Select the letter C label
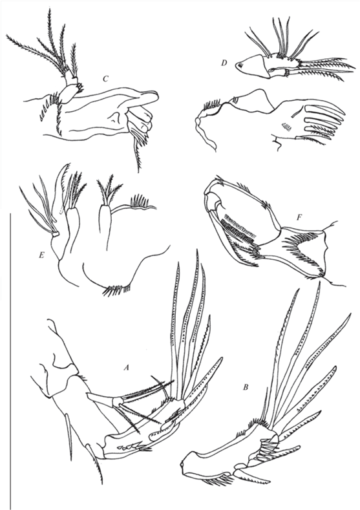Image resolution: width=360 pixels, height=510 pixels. click(x=106, y=79)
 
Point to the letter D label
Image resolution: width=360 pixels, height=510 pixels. click(x=224, y=63)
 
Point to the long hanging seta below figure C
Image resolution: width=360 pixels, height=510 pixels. click(x=138, y=153)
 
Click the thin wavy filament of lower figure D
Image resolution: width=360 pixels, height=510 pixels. click(x=204, y=136)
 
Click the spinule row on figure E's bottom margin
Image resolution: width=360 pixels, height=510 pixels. click(x=118, y=290)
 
